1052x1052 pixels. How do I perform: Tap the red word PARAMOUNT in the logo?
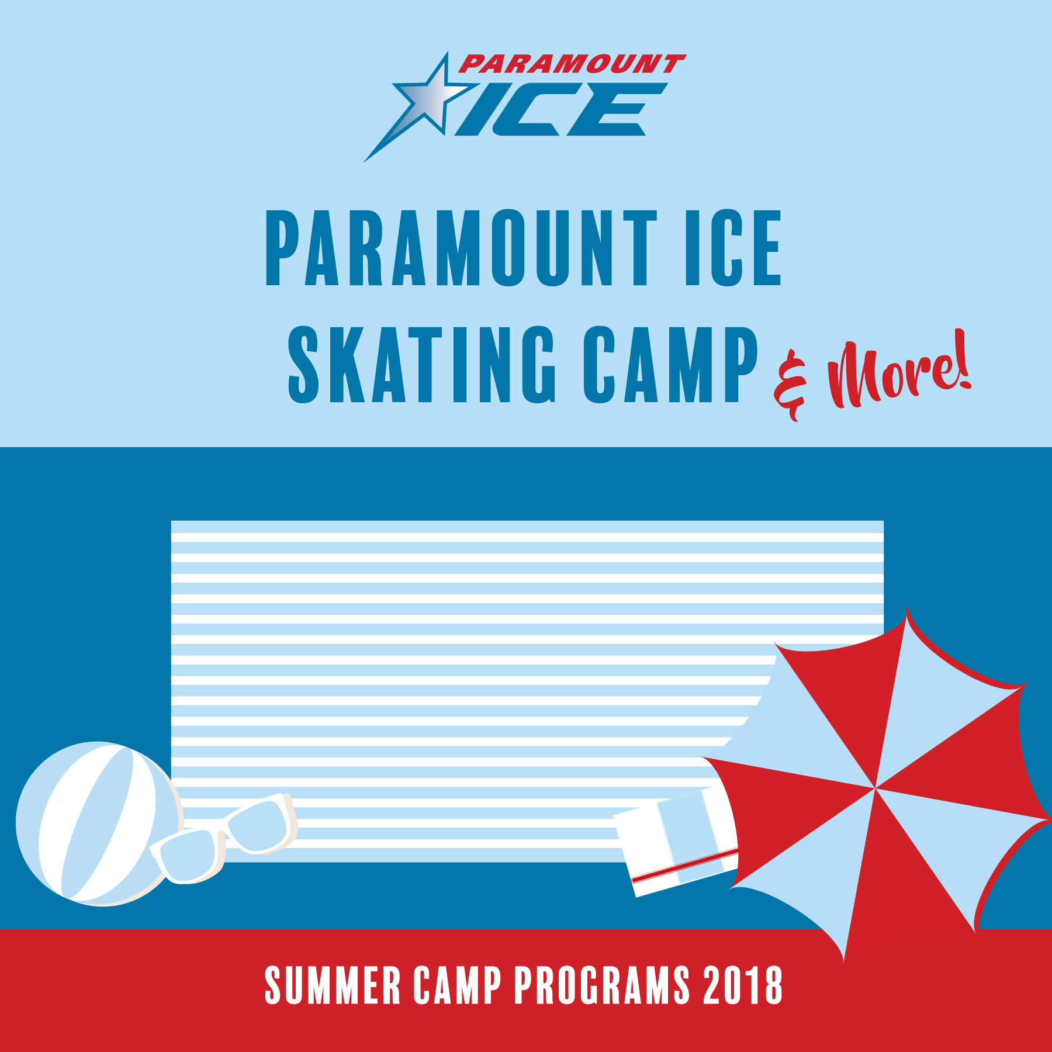(572, 64)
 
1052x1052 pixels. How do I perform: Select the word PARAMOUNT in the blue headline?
(462, 248)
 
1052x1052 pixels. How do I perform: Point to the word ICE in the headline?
(733, 248)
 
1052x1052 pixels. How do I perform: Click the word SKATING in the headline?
(421, 365)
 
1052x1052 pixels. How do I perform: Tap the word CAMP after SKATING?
(670, 365)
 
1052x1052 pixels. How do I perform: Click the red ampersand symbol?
(790, 386)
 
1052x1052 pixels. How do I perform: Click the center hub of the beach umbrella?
(875, 788)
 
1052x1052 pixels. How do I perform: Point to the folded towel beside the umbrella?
(676, 841)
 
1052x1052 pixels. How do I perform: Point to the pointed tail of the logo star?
(366, 160)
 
